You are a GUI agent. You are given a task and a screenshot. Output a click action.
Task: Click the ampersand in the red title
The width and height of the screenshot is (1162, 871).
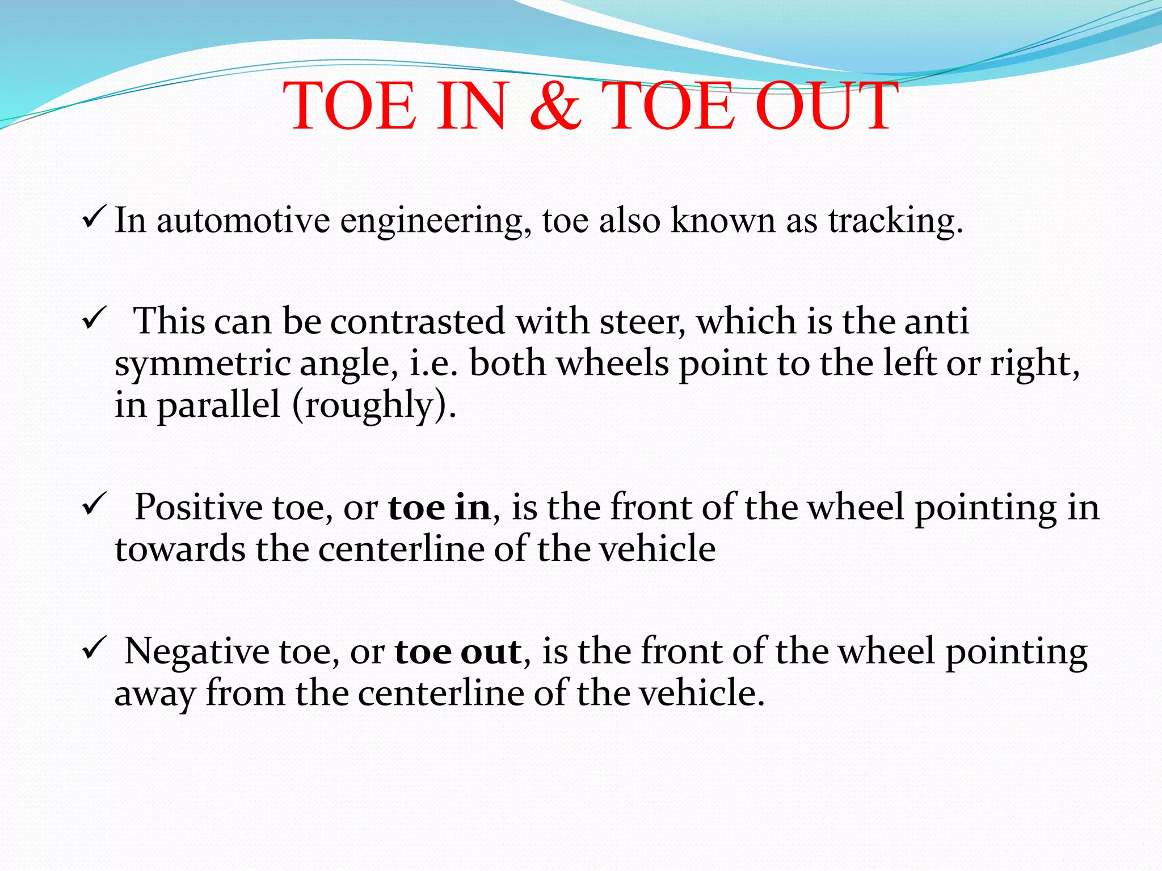point(555,106)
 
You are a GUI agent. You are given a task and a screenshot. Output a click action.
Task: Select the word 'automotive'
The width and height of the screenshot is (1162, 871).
point(243,221)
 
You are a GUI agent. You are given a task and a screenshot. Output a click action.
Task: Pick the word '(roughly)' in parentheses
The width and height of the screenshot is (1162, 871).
point(374,406)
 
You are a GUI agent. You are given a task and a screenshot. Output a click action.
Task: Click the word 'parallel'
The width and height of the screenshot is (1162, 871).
point(218,406)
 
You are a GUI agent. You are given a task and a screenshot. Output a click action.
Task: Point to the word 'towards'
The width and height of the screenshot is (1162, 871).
point(180,549)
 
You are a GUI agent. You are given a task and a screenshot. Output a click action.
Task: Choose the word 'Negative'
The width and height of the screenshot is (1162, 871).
point(197,652)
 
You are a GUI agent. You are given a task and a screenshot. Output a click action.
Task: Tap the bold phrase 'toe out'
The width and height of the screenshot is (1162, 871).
point(458,652)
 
